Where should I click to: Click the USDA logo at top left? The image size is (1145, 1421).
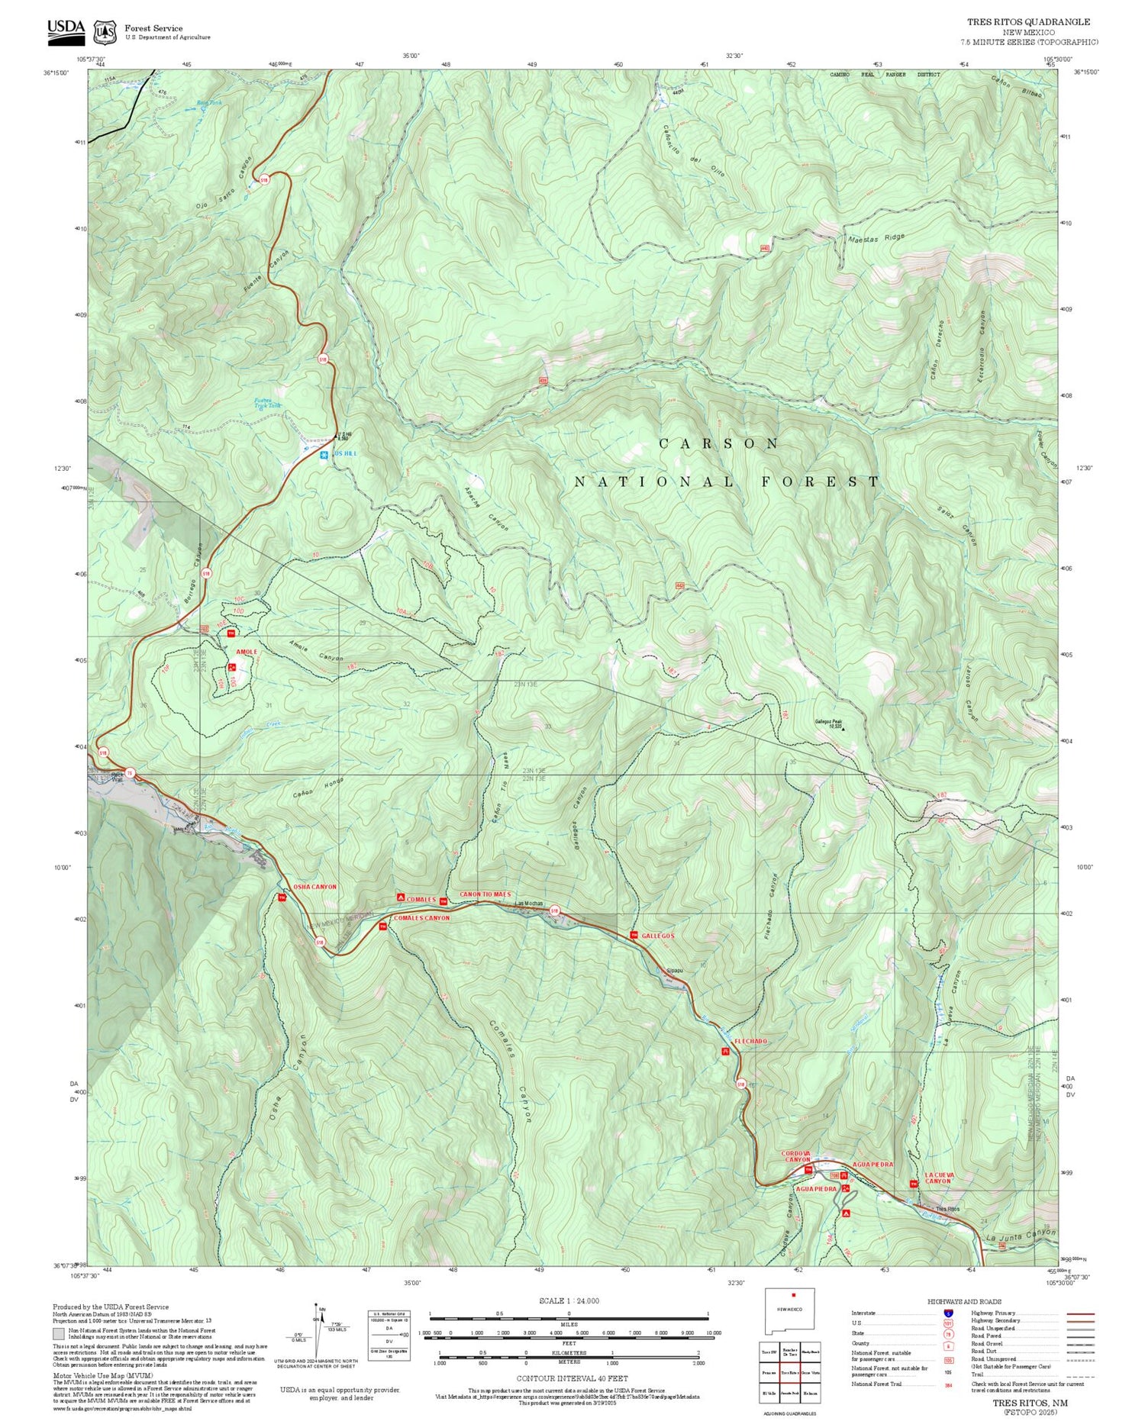point(66,28)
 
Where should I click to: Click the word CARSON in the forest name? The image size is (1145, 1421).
point(719,443)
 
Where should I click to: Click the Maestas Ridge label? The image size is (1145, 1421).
point(876,238)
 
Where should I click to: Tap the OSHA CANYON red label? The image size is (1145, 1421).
point(314,887)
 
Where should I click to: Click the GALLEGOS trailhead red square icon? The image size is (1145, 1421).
point(633,935)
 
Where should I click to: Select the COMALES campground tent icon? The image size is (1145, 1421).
point(400,897)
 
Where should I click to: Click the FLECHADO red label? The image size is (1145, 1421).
point(750,1041)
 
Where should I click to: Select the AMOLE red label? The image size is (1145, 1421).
point(246,652)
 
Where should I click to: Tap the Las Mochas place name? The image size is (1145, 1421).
point(529,904)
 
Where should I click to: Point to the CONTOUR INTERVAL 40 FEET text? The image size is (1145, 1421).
point(572,1378)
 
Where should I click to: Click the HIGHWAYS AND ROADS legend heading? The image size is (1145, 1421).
point(964,1302)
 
